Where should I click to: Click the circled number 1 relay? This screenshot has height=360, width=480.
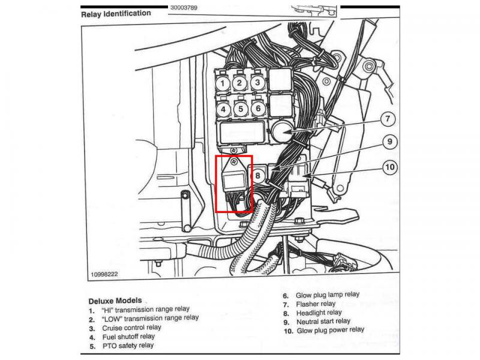tap(223, 83)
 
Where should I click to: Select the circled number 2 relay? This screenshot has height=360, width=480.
tap(239, 83)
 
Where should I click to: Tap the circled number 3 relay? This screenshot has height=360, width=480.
tap(257, 82)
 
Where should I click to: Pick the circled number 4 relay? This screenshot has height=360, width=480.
tap(223, 109)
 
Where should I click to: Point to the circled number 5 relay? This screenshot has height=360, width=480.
tap(241, 109)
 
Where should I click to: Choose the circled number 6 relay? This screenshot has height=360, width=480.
tap(258, 109)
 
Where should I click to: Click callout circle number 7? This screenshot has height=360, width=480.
tap(388, 119)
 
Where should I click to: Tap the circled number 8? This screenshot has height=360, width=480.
tap(257, 176)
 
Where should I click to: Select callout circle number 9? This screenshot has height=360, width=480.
tap(389, 142)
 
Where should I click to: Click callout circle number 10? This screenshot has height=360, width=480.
tap(389, 167)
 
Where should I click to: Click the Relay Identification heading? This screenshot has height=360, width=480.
tap(116, 14)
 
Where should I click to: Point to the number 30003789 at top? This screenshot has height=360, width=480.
tap(184, 8)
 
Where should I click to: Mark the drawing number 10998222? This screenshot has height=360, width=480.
tap(104, 274)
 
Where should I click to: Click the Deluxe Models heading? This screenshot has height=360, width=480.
tap(115, 301)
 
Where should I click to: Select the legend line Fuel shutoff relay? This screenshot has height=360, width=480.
tap(128, 337)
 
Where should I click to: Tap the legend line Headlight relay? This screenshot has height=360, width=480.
tap(319, 313)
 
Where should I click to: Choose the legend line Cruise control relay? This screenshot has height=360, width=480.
tap(131, 328)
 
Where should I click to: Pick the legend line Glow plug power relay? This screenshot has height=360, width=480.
tap(331, 331)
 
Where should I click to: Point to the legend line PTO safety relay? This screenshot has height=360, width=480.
tap(128, 346)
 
